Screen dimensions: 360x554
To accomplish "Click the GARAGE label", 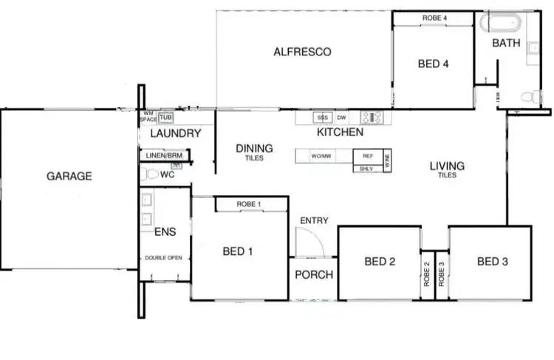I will pos(69,176).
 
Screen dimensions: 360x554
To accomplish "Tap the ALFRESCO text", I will pos(301,52).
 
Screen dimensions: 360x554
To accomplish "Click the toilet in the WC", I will pos(152,175).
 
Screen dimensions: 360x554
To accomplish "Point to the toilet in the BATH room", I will pos(529,96).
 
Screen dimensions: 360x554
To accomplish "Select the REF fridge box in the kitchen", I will pos(367,156).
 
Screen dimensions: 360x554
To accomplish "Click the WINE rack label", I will pos(386,160).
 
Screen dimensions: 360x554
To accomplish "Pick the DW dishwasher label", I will pos(341,118).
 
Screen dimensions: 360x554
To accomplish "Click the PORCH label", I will pos(313,274).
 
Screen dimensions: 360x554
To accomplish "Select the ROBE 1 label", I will pos(250,203).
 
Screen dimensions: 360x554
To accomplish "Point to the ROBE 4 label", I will pos(434,17).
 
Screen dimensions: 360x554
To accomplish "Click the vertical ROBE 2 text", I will pos(427,274).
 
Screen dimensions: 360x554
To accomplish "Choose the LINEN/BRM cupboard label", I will pos(164,155).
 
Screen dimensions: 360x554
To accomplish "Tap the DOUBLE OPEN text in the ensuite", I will pos(165,258).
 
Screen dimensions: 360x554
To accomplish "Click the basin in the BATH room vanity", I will pos(534,44).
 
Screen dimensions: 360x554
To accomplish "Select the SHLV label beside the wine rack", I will pos(367,168).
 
